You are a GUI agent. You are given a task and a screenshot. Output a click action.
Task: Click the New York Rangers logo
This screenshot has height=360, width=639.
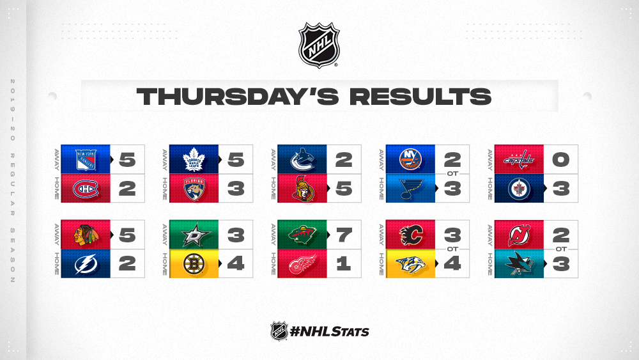coord(86,159)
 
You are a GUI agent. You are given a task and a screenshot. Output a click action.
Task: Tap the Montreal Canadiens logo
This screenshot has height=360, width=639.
coord(86,189)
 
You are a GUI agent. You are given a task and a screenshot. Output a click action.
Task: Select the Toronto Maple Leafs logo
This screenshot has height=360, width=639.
coord(194,159)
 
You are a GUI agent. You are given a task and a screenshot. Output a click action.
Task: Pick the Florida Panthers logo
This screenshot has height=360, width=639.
coord(194,189)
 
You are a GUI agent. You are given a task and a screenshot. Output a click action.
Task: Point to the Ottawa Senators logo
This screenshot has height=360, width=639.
coord(303,189)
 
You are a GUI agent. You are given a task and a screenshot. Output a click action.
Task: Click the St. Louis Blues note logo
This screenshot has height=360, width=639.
coord(411,189)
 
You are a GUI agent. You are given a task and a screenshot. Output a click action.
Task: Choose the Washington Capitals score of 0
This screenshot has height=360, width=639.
coord(561,159)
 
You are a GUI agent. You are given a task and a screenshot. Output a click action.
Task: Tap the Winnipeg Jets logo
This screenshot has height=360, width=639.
coord(519,189)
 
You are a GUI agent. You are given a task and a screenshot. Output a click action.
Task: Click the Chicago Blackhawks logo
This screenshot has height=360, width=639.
coord(86,235)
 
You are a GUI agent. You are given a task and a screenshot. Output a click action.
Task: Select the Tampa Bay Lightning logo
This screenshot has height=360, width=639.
coord(86,264)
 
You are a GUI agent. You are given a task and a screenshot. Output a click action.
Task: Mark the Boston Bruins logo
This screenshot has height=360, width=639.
coord(194,264)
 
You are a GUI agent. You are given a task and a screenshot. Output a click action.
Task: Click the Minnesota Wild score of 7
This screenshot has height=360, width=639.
coord(344,235)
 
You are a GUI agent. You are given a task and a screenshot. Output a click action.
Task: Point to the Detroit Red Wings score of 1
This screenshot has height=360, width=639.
coord(343,264)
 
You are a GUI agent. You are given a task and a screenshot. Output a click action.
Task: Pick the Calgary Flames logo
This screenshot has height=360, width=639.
coord(411,235)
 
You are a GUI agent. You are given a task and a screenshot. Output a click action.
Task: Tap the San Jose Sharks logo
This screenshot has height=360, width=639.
coord(519,264)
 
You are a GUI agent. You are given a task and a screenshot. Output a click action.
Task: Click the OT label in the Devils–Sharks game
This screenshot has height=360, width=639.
coord(561,249)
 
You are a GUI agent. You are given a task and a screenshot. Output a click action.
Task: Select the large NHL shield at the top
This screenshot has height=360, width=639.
coord(319,45)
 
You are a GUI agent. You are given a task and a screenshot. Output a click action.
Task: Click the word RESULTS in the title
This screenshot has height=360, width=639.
coord(420,97)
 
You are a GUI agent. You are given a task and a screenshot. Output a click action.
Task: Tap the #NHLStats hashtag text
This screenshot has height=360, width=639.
coord(329,331)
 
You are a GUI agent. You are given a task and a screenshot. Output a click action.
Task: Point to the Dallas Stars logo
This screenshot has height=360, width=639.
coord(195,235)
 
